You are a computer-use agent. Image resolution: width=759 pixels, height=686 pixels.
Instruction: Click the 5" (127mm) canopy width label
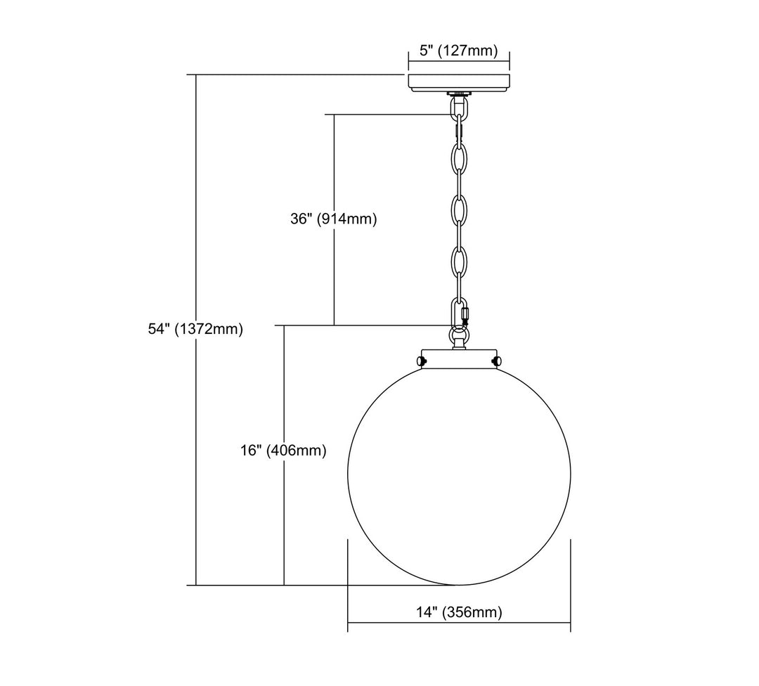tap(458, 51)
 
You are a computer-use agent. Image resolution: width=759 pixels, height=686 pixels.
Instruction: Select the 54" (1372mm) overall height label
tap(195, 329)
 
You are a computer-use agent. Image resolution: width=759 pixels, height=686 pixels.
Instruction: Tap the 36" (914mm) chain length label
tap(334, 219)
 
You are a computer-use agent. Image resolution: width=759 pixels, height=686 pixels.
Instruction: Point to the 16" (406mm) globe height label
tap(284, 451)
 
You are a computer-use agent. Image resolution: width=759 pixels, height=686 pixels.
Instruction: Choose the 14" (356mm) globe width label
tap(460, 612)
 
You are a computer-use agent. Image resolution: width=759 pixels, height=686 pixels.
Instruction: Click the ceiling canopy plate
tap(459, 82)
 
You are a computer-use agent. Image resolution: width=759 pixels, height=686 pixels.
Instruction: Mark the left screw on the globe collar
tap(421, 361)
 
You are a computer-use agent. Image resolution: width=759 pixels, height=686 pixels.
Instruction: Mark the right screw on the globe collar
tap(497, 361)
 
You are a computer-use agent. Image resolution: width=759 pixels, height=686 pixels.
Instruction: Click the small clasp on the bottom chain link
tap(466, 315)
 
